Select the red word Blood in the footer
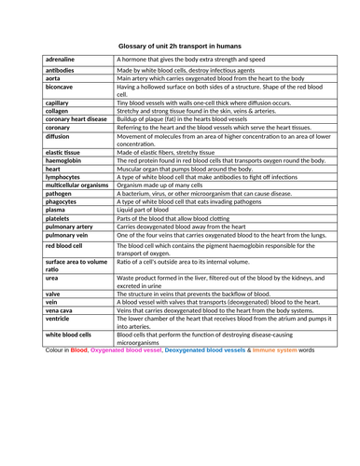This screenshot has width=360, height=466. click(79, 352)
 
